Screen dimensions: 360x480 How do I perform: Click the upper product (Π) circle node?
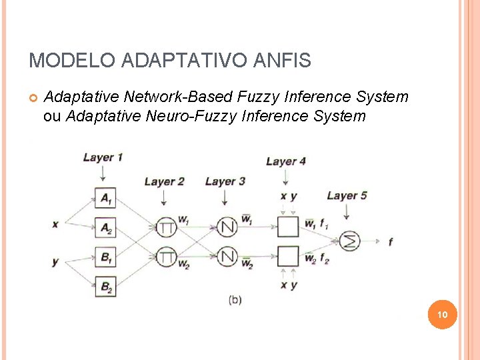[166, 227]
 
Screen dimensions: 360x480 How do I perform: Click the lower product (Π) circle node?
[166, 256]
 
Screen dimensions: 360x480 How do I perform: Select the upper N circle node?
[228, 227]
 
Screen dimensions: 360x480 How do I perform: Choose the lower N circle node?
[228, 256]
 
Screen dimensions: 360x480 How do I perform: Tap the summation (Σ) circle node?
[349, 241]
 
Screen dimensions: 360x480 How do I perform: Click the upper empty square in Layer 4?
[288, 227]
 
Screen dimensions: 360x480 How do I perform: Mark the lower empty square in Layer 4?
[288, 256]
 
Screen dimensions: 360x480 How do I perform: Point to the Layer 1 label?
[103, 157]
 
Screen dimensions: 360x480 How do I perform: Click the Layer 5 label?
[347, 195]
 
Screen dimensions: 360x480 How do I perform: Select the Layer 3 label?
[225, 181]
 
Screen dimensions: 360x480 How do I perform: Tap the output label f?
[390, 242]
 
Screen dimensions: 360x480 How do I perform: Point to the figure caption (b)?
[235, 300]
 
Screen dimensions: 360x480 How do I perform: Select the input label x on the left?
[55, 224]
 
